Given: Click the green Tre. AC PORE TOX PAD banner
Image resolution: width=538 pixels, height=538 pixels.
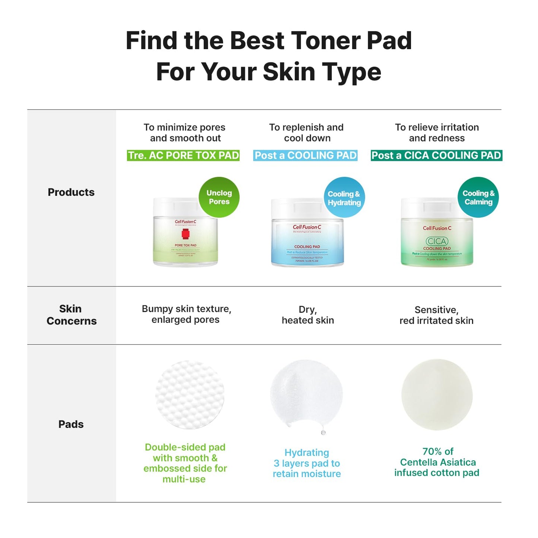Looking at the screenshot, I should [x=183, y=155].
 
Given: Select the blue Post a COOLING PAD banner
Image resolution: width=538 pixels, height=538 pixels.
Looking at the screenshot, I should [x=305, y=155].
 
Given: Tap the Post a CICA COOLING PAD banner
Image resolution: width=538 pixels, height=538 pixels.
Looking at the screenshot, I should [x=436, y=155].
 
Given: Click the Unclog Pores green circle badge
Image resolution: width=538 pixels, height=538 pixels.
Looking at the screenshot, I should [x=219, y=197].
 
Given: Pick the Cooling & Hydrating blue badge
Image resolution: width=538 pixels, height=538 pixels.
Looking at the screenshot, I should [x=344, y=198].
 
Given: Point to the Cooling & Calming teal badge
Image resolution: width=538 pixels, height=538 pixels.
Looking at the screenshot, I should [x=478, y=197].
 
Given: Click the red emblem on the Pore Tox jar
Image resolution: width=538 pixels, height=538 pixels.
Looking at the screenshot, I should [x=185, y=234].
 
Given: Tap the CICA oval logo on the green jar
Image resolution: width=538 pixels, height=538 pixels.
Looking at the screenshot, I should [x=437, y=241].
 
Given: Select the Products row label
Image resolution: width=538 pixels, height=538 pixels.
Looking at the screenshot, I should [x=71, y=192].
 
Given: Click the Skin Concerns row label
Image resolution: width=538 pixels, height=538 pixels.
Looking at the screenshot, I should [x=71, y=315].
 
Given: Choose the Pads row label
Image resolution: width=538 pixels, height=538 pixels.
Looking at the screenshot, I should [x=71, y=424].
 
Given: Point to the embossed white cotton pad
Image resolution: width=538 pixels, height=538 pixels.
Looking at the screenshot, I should [x=190, y=395].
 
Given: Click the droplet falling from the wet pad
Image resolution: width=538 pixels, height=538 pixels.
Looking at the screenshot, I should [x=323, y=432].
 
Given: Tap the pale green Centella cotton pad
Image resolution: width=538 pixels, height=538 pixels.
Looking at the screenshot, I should [x=437, y=395].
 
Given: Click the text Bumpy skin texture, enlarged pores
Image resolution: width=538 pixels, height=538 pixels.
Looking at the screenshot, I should [x=186, y=314].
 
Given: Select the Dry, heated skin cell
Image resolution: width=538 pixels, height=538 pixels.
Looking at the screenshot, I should [x=308, y=315].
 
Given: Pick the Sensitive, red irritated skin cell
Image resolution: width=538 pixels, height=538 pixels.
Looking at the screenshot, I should [x=436, y=315].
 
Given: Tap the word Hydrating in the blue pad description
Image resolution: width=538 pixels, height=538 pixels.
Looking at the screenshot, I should [x=307, y=452].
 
